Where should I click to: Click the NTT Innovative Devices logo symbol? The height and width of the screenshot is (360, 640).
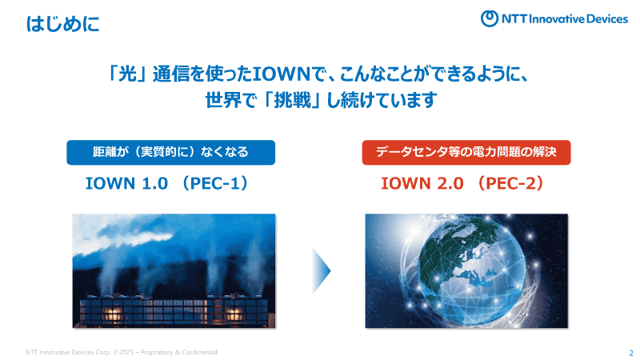pyautogui.click(x=491, y=18)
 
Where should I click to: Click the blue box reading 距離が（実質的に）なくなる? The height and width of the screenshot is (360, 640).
pyautogui.click(x=170, y=152)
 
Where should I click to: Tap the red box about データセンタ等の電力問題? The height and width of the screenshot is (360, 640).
pyautogui.click(x=466, y=152)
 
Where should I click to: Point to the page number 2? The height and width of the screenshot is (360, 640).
pyautogui.click(x=630, y=353)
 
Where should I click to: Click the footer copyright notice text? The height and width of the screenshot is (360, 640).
pyautogui.click(x=120, y=352)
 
